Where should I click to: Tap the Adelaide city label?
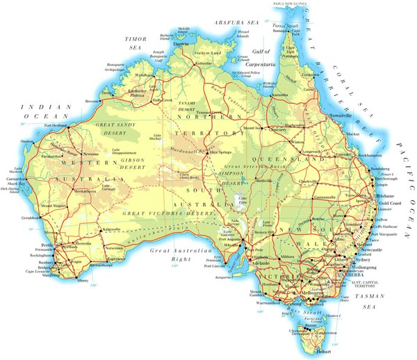click(242, 265)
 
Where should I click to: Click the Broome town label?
click(92, 101)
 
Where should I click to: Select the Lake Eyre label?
click(243, 202)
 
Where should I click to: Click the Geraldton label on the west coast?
click(31, 218)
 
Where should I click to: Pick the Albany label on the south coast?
click(83, 279)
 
